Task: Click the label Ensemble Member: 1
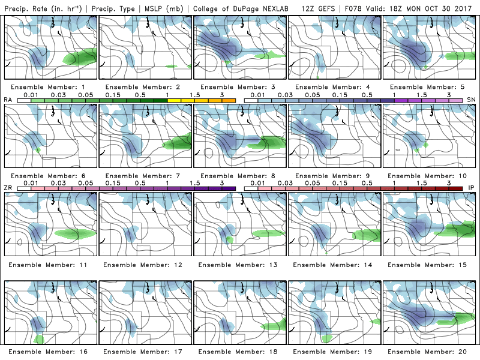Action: point(50,87)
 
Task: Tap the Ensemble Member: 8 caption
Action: point(240,175)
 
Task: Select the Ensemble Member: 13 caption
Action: point(240,263)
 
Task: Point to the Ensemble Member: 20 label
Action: point(430,351)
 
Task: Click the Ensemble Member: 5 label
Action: point(430,87)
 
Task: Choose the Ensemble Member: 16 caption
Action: point(50,351)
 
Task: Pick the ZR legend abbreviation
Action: point(8,188)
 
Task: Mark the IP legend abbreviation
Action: point(471,188)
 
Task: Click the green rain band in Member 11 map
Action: point(75,233)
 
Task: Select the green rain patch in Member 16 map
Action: point(39,339)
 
